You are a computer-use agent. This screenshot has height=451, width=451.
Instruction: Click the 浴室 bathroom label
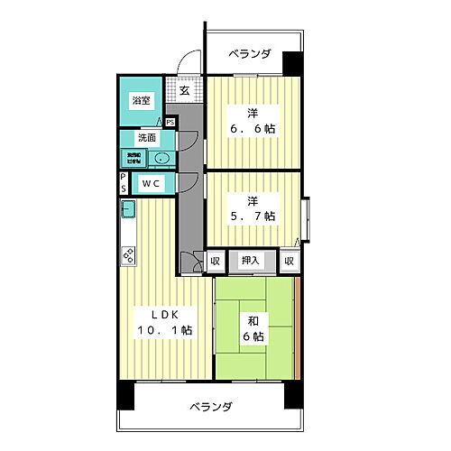pos(141,102)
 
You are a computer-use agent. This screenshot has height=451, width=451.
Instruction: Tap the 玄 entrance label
pos(183,90)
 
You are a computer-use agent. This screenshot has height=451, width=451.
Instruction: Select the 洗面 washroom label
pos(147,139)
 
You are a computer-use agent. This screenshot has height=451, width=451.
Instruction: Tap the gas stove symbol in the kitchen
pos(127,255)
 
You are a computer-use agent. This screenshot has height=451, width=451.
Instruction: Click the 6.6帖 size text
pos(252,128)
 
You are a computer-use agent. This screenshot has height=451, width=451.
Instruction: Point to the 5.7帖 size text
pos(252,216)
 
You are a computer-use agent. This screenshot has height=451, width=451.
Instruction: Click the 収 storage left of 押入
pos(215,262)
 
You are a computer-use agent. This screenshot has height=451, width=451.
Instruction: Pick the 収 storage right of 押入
pos(288,262)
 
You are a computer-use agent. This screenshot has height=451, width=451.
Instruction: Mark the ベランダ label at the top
pos(248,55)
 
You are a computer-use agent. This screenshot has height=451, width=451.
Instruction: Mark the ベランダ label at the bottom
pos(211,407)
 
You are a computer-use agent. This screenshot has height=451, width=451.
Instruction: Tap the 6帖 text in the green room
pos(253,336)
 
